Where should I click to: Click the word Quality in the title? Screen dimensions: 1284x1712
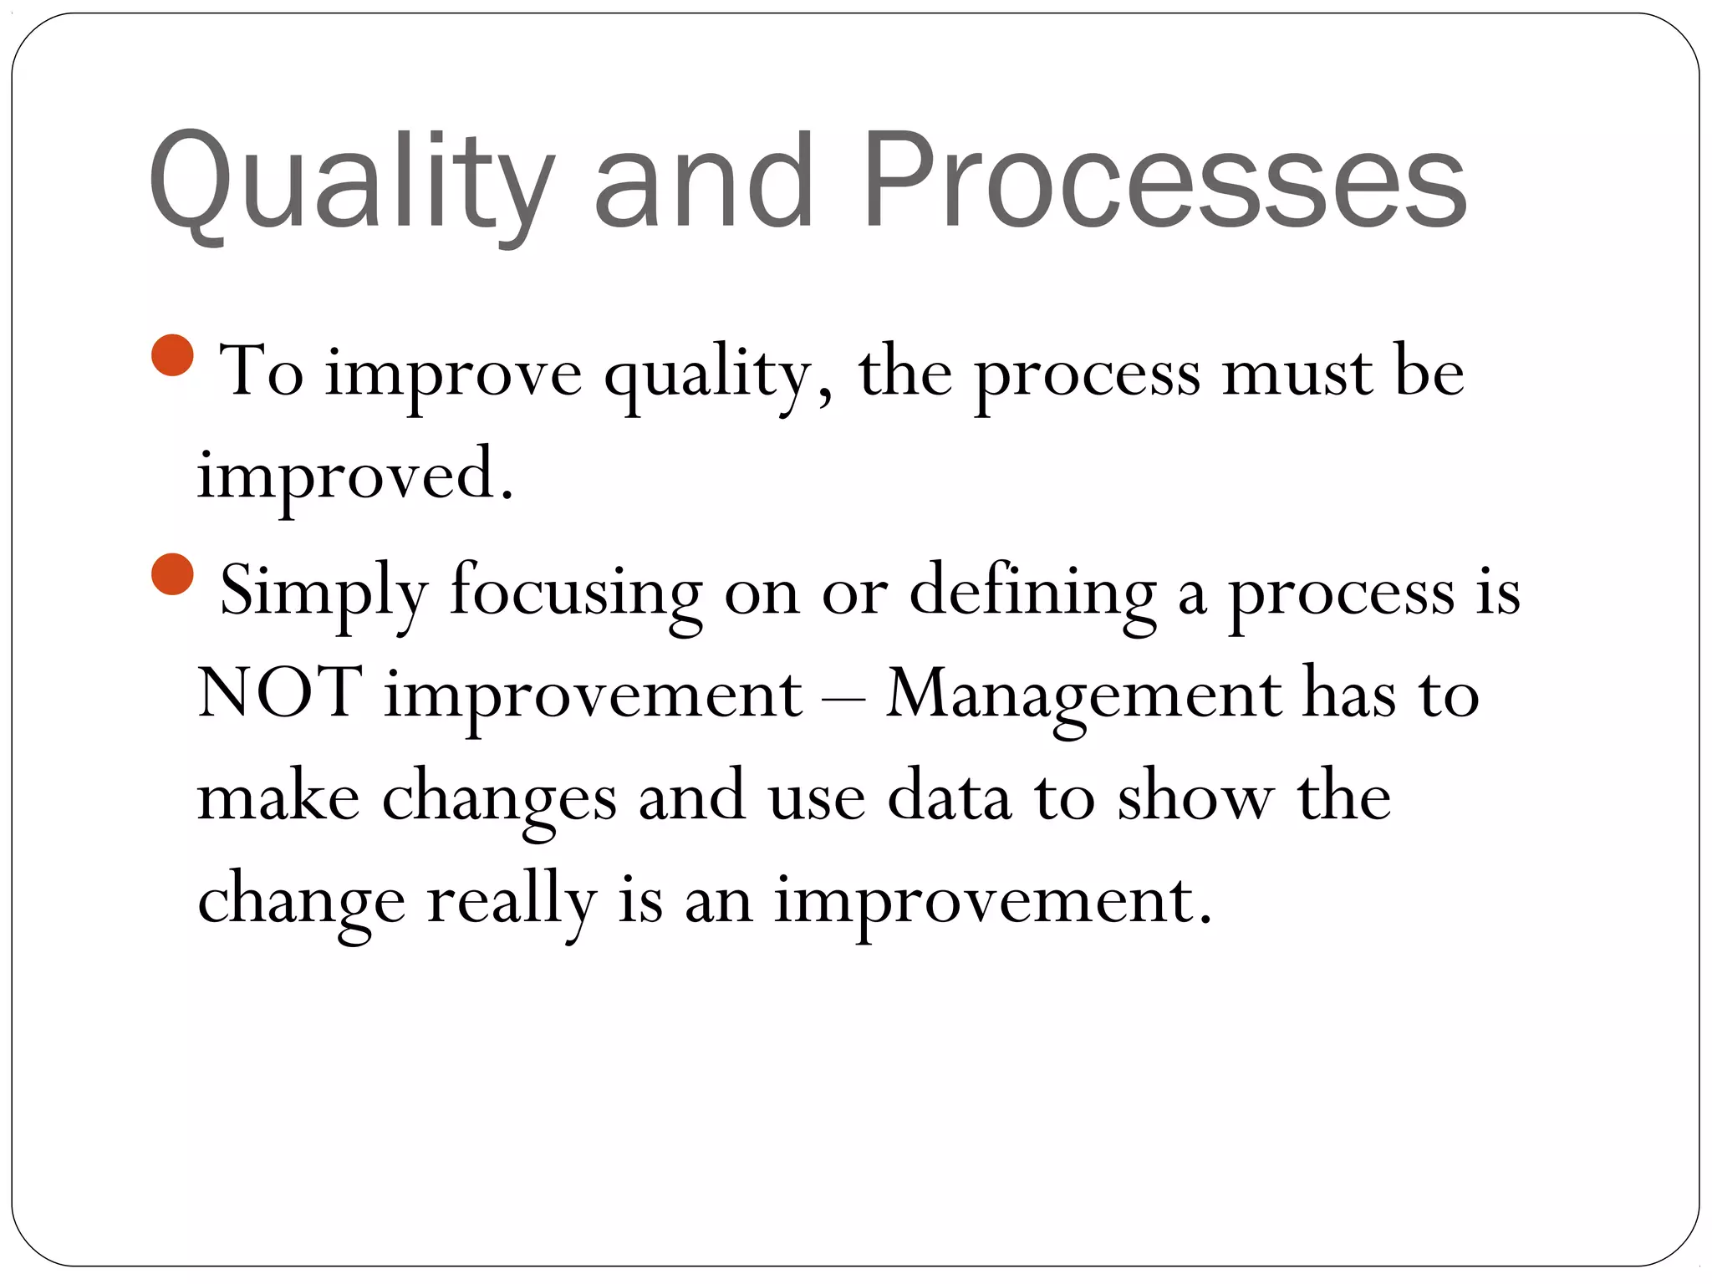[351, 182]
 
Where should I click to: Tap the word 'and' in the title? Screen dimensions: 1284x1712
[704, 182]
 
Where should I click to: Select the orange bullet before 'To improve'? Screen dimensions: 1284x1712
[173, 355]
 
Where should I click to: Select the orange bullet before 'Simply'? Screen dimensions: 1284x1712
[173, 574]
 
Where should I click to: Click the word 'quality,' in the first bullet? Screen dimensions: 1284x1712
[719, 374]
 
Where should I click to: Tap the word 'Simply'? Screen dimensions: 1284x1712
[324, 592]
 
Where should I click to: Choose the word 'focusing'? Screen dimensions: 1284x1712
[576, 592]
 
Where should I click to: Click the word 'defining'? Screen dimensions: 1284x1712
[1033, 592]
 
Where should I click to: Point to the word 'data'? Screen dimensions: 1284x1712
[948, 796]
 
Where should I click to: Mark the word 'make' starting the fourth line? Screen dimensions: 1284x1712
[278, 796]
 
